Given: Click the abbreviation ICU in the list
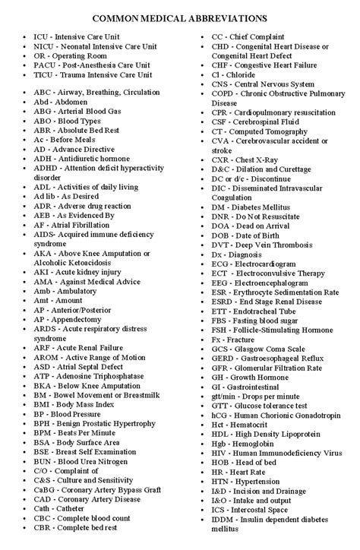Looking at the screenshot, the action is [42, 36].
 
